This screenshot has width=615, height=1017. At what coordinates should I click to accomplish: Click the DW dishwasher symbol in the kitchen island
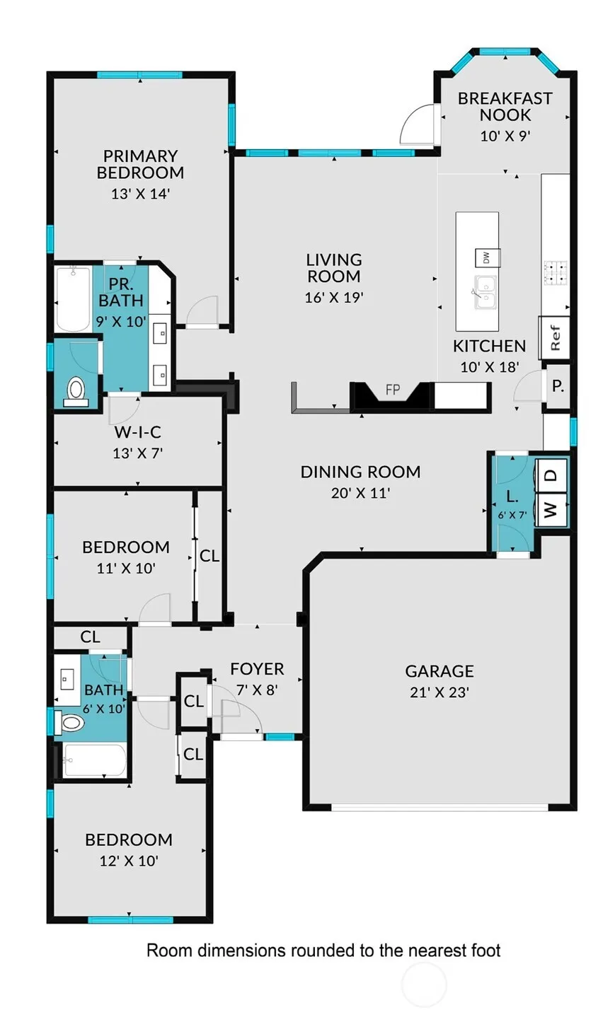click(488, 258)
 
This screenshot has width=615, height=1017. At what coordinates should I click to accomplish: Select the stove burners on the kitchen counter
click(555, 273)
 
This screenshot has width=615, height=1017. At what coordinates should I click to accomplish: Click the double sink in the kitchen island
click(485, 292)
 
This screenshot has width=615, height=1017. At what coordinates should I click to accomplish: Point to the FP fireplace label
click(393, 389)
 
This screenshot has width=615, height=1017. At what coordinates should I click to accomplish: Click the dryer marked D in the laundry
click(551, 475)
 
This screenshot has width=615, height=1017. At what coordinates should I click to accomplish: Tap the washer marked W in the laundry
click(551, 510)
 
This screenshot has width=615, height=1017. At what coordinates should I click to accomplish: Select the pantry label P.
click(558, 386)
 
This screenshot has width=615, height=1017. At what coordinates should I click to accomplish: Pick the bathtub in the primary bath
click(73, 299)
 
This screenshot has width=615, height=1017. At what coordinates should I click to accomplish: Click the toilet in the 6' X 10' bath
click(69, 722)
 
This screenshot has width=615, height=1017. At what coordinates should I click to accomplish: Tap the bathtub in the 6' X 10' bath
click(94, 760)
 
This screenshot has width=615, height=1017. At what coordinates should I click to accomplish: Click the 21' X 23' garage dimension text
click(439, 693)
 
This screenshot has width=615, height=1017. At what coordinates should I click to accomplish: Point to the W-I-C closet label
click(137, 432)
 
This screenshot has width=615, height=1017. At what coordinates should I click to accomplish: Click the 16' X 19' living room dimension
click(334, 298)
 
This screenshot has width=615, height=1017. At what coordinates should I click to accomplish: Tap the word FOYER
click(257, 669)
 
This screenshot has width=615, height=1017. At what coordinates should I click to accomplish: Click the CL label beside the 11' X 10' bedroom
click(209, 556)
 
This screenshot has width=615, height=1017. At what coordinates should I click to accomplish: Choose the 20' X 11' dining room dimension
click(361, 493)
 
